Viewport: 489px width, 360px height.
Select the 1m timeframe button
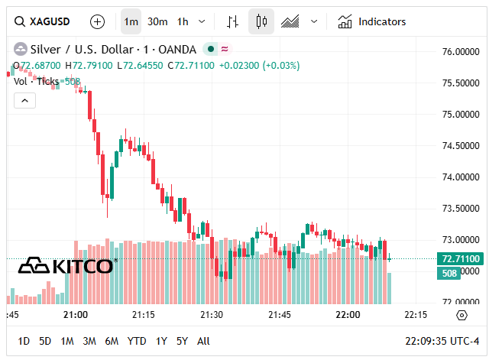click(x=131, y=21)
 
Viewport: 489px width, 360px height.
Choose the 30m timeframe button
click(x=157, y=21)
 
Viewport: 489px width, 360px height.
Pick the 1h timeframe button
click(x=183, y=21)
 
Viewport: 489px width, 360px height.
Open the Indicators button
click(x=372, y=21)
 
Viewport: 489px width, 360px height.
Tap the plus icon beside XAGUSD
click(x=98, y=21)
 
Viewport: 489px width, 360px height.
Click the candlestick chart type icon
click(x=261, y=21)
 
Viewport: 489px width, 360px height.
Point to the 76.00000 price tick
click(x=461, y=52)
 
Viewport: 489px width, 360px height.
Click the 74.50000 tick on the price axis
click(x=461, y=146)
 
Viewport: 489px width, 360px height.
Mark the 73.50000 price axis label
click(x=461, y=209)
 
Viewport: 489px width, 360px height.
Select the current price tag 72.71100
click(x=461, y=259)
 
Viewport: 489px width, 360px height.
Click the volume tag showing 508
click(x=448, y=273)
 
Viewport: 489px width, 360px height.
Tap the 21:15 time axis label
click(x=144, y=315)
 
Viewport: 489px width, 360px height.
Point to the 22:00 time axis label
click(x=348, y=315)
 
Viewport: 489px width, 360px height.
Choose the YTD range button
click(x=137, y=341)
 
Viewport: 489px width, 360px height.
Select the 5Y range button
click(x=182, y=341)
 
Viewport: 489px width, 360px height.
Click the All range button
click(x=203, y=341)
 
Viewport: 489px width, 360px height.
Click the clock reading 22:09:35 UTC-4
click(x=442, y=341)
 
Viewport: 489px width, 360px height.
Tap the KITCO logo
click(x=67, y=266)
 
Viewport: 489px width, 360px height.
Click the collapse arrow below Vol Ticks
click(x=24, y=100)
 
